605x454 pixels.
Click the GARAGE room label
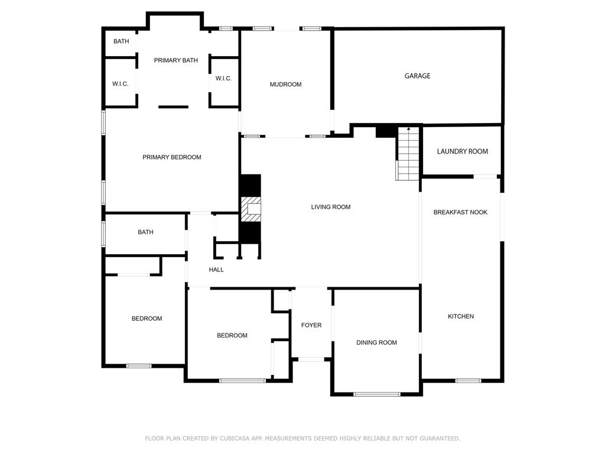pyautogui.click(x=417, y=76)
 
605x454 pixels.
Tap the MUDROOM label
pyautogui.click(x=285, y=85)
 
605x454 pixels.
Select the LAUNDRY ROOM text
pyautogui.click(x=462, y=152)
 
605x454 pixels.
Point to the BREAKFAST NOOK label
pyautogui.click(x=460, y=212)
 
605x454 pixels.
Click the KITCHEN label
pyautogui.click(x=461, y=317)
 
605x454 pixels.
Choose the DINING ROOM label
pyautogui.click(x=376, y=343)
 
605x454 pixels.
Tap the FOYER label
pyautogui.click(x=311, y=326)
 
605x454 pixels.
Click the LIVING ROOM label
pyautogui.click(x=331, y=207)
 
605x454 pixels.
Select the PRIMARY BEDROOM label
pyautogui.click(x=172, y=157)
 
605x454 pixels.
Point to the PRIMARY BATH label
pyautogui.click(x=176, y=61)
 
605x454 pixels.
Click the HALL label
pyautogui.click(x=216, y=270)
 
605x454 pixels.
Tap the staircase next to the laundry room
pyautogui.click(x=408, y=154)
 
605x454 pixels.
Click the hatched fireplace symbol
pyautogui.click(x=251, y=209)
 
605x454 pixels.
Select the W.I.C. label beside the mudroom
pyautogui.click(x=223, y=79)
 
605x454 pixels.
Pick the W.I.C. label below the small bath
pyautogui.click(x=121, y=84)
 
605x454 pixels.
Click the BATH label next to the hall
pyautogui.click(x=145, y=232)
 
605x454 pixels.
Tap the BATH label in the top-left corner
pyautogui.click(x=121, y=42)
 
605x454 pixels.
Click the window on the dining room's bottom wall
pyautogui.click(x=376, y=394)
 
